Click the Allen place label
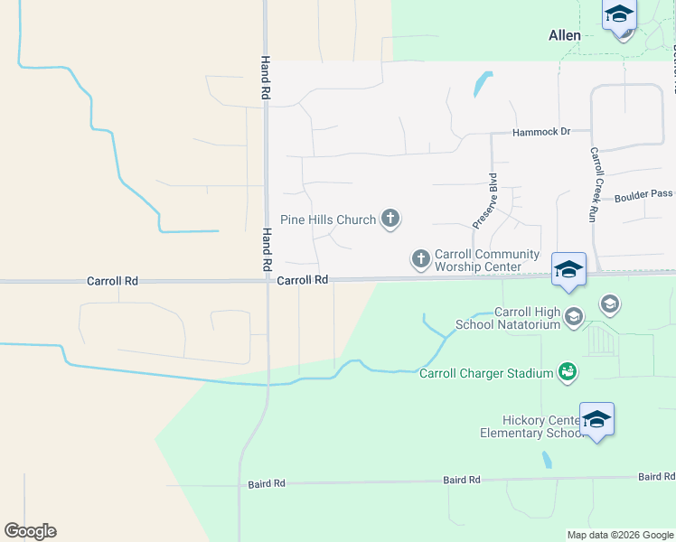(565, 35)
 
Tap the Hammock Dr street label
(541, 132)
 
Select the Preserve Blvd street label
(485, 201)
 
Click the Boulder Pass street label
(643, 194)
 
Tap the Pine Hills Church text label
(328, 220)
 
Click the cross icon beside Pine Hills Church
(390, 219)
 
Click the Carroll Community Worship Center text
(487, 260)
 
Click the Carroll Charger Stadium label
(486, 373)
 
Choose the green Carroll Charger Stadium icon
(568, 372)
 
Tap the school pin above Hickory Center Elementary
(596, 420)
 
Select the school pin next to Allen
(619, 16)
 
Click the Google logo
(30, 531)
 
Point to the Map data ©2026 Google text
(620, 535)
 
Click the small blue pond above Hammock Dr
(482, 85)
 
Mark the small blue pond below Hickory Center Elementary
(548, 460)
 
